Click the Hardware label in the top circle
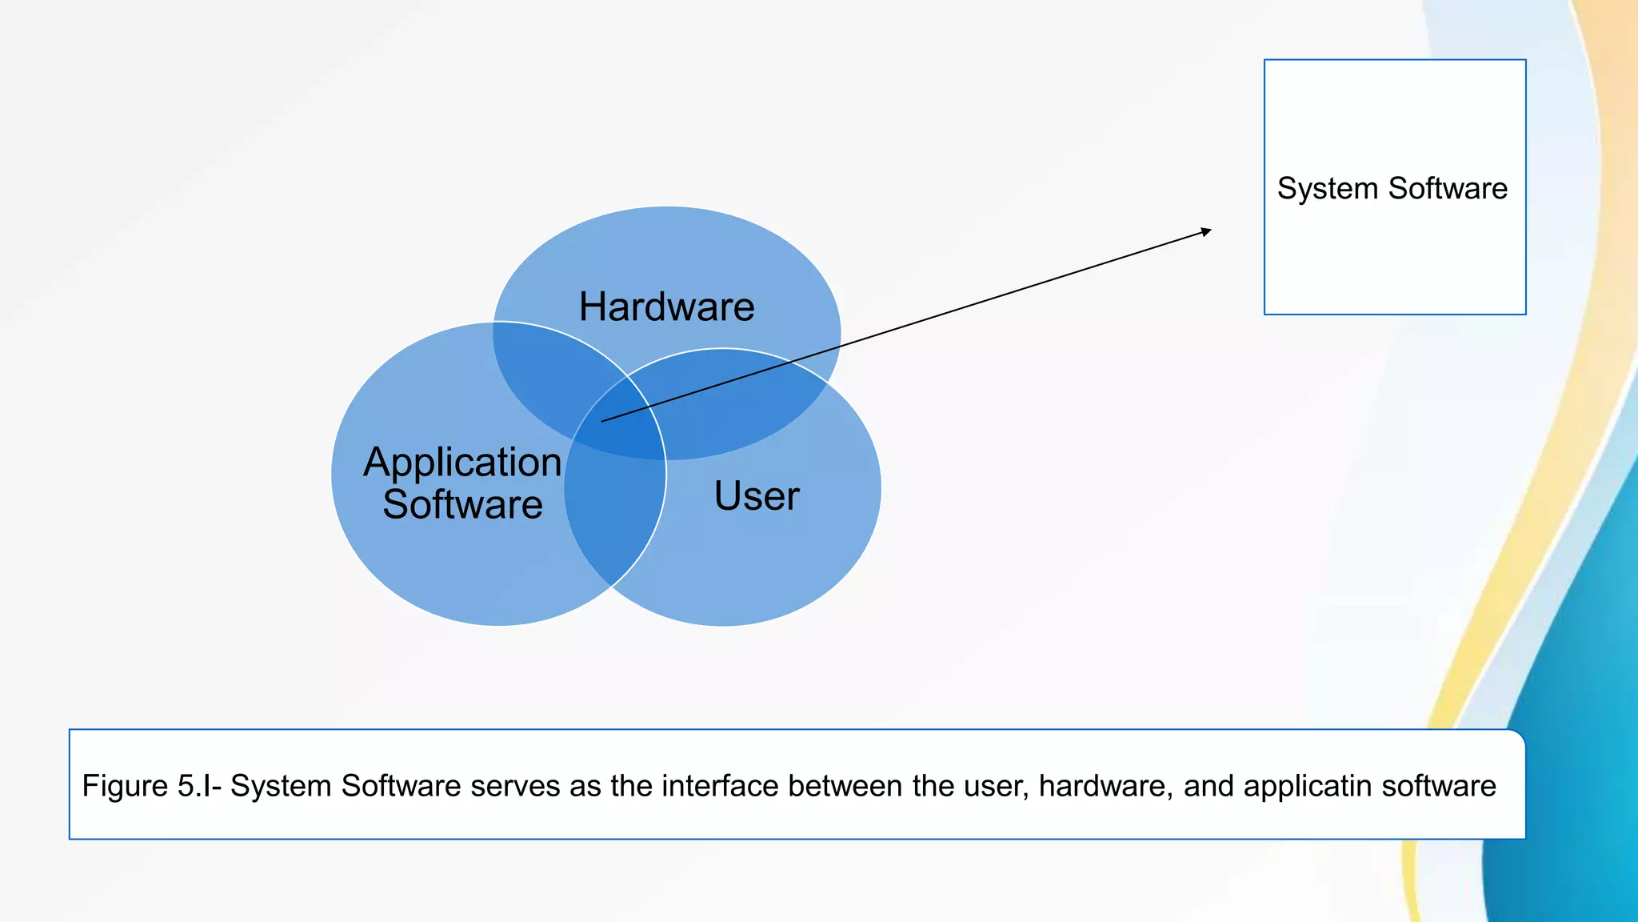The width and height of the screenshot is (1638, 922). (666, 307)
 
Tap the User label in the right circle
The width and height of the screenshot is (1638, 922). (756, 495)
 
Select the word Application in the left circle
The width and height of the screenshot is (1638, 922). (462, 463)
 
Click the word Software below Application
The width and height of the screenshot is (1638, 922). (462, 505)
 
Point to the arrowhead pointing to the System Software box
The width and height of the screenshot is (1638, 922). (1207, 231)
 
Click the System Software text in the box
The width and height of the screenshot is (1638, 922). (1392, 189)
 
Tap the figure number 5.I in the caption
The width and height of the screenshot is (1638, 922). (194, 786)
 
